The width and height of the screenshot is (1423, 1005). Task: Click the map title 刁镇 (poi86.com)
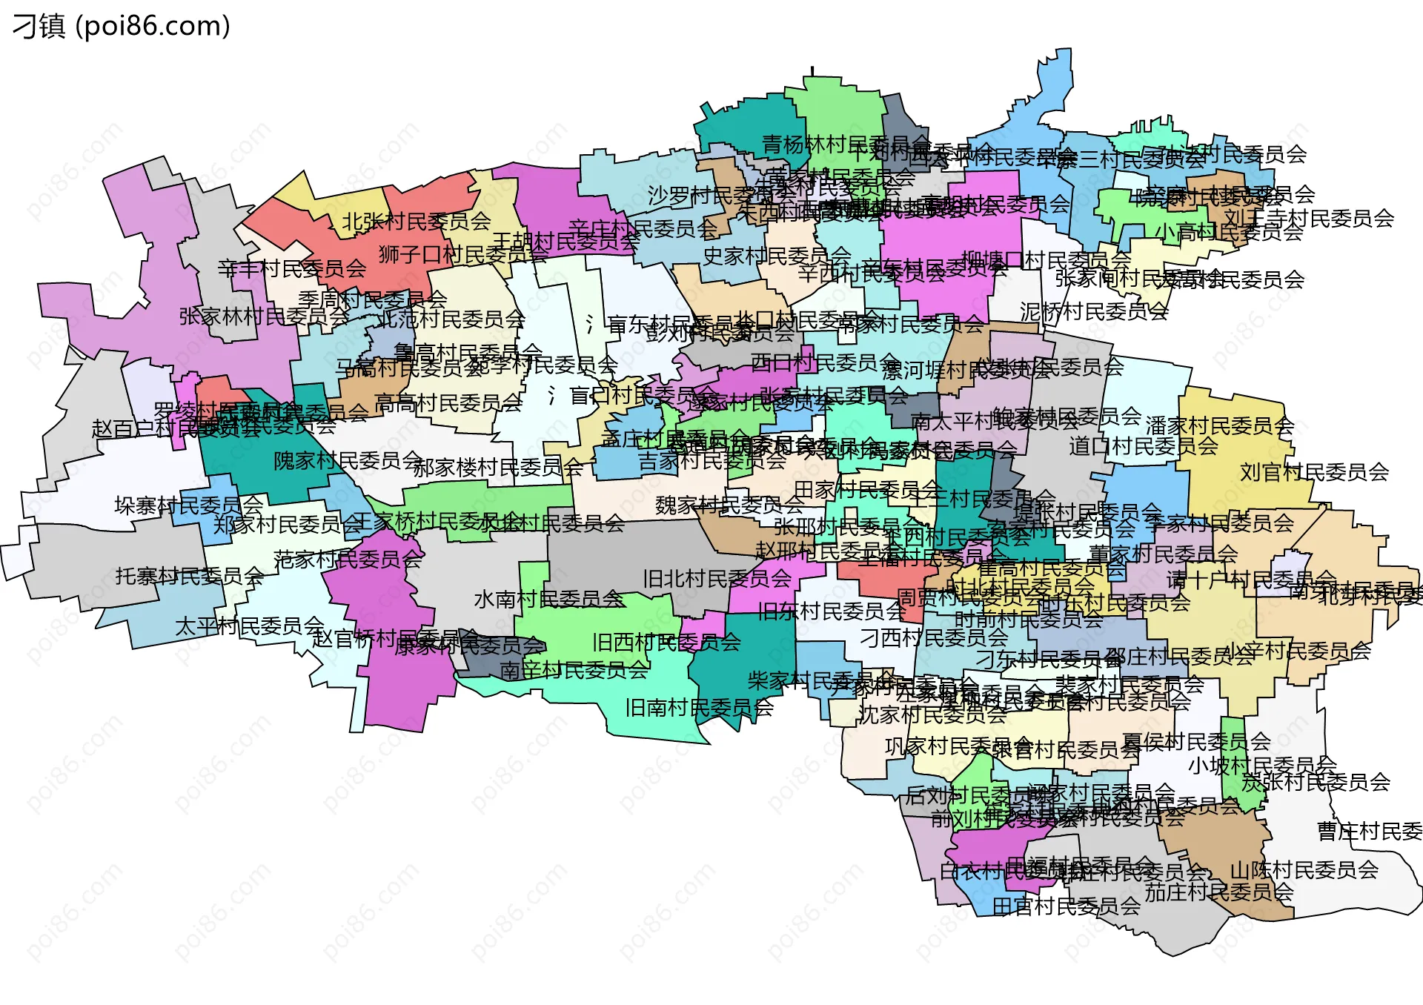coord(122,26)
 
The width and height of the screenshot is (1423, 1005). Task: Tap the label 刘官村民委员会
coord(1314,472)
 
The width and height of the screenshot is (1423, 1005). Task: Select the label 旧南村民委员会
coord(699,708)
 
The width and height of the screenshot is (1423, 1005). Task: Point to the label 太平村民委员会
coord(249,626)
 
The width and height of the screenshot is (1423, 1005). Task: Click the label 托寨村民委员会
coord(189,576)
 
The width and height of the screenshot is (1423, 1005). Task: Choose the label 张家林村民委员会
coord(264,316)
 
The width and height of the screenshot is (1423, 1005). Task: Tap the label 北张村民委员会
coord(416,221)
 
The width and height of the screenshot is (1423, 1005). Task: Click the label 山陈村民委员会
coord(1304,869)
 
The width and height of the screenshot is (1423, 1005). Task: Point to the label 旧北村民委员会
coord(717,579)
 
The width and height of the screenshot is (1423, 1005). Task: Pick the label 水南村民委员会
coord(548,599)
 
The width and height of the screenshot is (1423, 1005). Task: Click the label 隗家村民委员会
coord(348,461)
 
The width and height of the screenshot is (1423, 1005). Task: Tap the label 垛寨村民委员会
coord(188,505)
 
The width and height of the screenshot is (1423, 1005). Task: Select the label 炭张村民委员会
coord(1316,782)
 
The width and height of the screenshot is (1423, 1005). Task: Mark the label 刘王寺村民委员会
coord(1309,218)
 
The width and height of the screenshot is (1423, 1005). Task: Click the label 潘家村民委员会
coord(1219,425)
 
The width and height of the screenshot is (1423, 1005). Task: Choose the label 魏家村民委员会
coord(729,505)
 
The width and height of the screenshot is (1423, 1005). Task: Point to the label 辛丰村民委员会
coord(291,268)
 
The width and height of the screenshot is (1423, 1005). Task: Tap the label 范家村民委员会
coord(348,560)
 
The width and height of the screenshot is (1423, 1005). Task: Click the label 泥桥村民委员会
coord(1094,312)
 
